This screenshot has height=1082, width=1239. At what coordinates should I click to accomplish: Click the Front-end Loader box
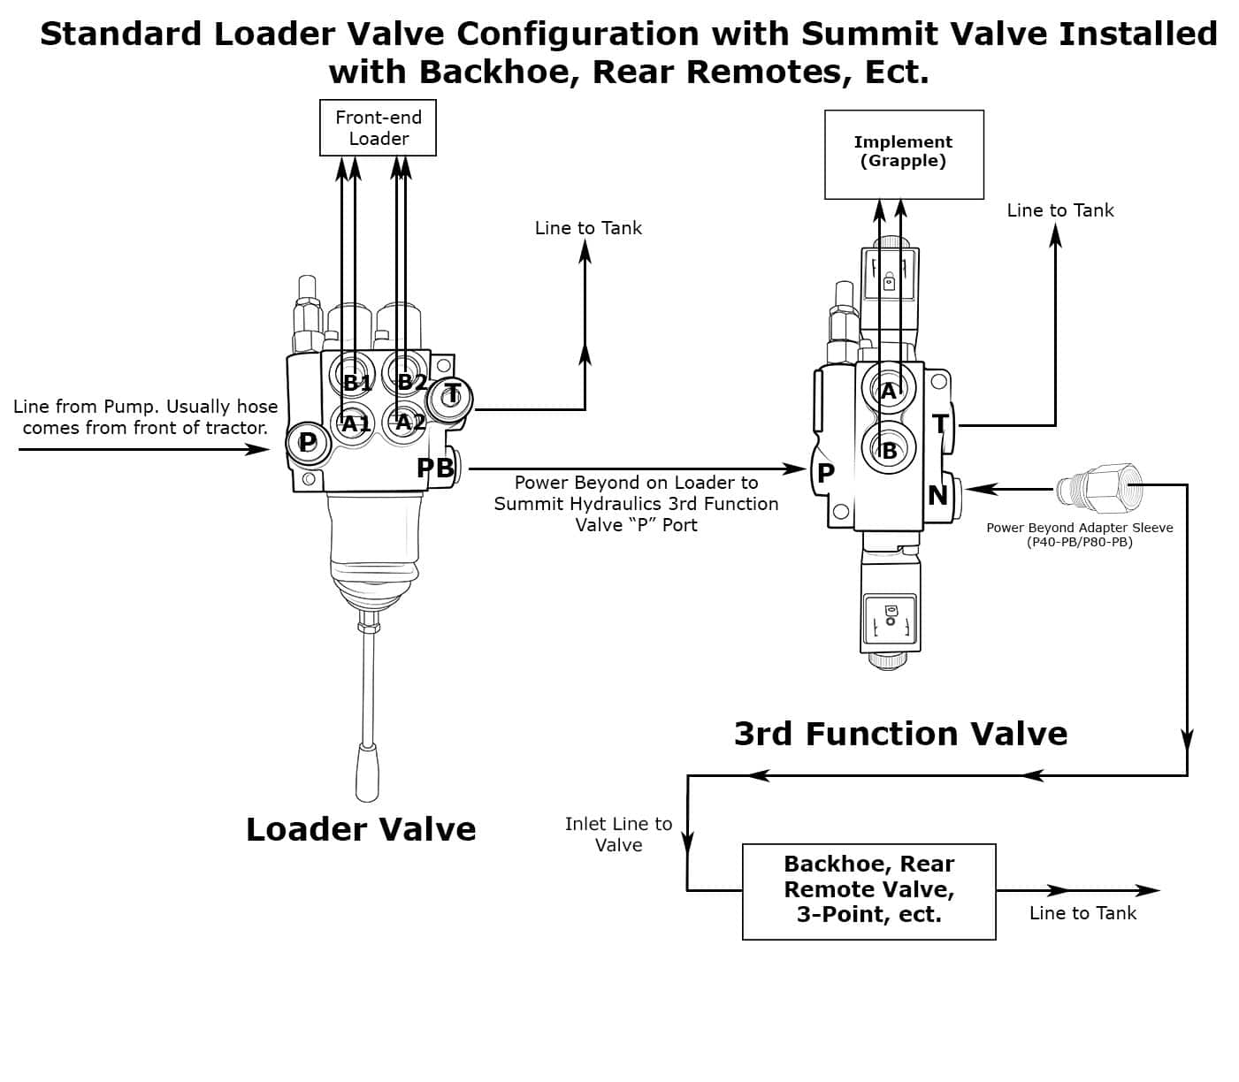click(x=378, y=128)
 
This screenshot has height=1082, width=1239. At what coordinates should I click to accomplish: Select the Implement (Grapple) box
click(x=903, y=154)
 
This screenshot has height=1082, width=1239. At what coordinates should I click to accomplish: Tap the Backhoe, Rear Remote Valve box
click(x=868, y=890)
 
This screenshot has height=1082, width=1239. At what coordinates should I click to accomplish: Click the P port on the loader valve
click(x=307, y=441)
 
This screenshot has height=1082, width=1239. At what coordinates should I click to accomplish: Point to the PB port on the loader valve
click(x=437, y=468)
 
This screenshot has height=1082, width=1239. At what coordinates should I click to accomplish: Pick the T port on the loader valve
click(x=451, y=395)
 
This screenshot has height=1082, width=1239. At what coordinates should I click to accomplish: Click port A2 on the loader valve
click(x=409, y=422)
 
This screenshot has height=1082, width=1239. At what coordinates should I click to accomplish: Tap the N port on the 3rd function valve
click(x=938, y=495)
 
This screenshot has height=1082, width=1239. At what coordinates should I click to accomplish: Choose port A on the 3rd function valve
click(x=889, y=391)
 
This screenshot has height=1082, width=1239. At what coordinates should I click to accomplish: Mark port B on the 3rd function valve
click(x=889, y=449)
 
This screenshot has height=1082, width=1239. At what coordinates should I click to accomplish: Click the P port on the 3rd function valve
click(x=825, y=473)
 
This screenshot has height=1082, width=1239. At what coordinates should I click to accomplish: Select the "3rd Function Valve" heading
click(x=900, y=734)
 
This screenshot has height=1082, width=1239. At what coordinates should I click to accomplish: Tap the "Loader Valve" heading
click(x=361, y=829)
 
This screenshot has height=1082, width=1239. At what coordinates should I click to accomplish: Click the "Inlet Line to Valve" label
click(x=618, y=834)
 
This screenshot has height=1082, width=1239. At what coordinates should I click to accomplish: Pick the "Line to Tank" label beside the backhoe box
click(x=1082, y=913)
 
